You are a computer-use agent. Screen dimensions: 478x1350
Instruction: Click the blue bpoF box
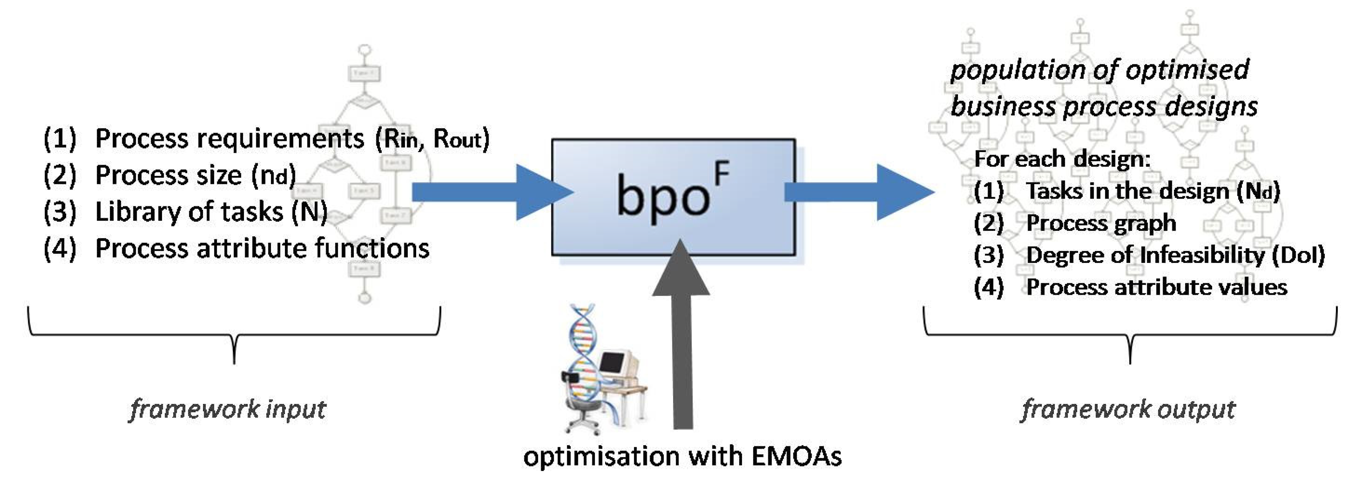tap(673, 197)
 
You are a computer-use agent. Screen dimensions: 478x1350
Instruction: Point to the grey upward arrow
tap(681, 335)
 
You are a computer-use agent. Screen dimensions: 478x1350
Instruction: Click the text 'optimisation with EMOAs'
tap(682, 456)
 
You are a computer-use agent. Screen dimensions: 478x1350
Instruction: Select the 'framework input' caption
tap(228, 409)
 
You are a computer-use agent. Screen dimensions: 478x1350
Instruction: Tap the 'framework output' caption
tap(1128, 409)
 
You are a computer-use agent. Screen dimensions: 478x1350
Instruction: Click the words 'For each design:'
tap(1062, 158)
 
